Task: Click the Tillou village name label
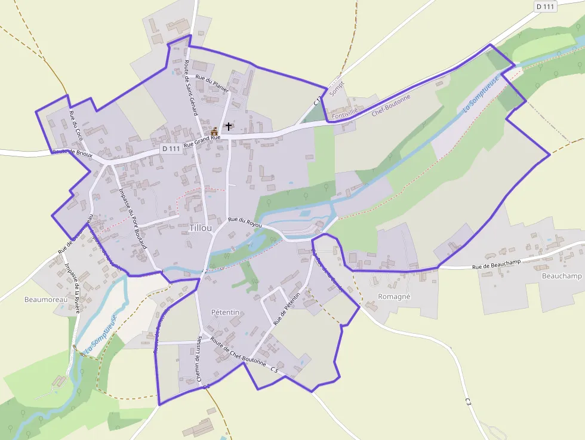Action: [201, 228]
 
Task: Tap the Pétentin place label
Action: [225, 312]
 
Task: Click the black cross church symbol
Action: [228, 127]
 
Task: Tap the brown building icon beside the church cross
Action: [214, 131]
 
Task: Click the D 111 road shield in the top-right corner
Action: [545, 7]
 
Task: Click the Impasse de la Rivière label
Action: [73, 288]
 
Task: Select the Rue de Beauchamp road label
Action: [497, 266]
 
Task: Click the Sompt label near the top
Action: [338, 88]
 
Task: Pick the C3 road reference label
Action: [468, 402]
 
